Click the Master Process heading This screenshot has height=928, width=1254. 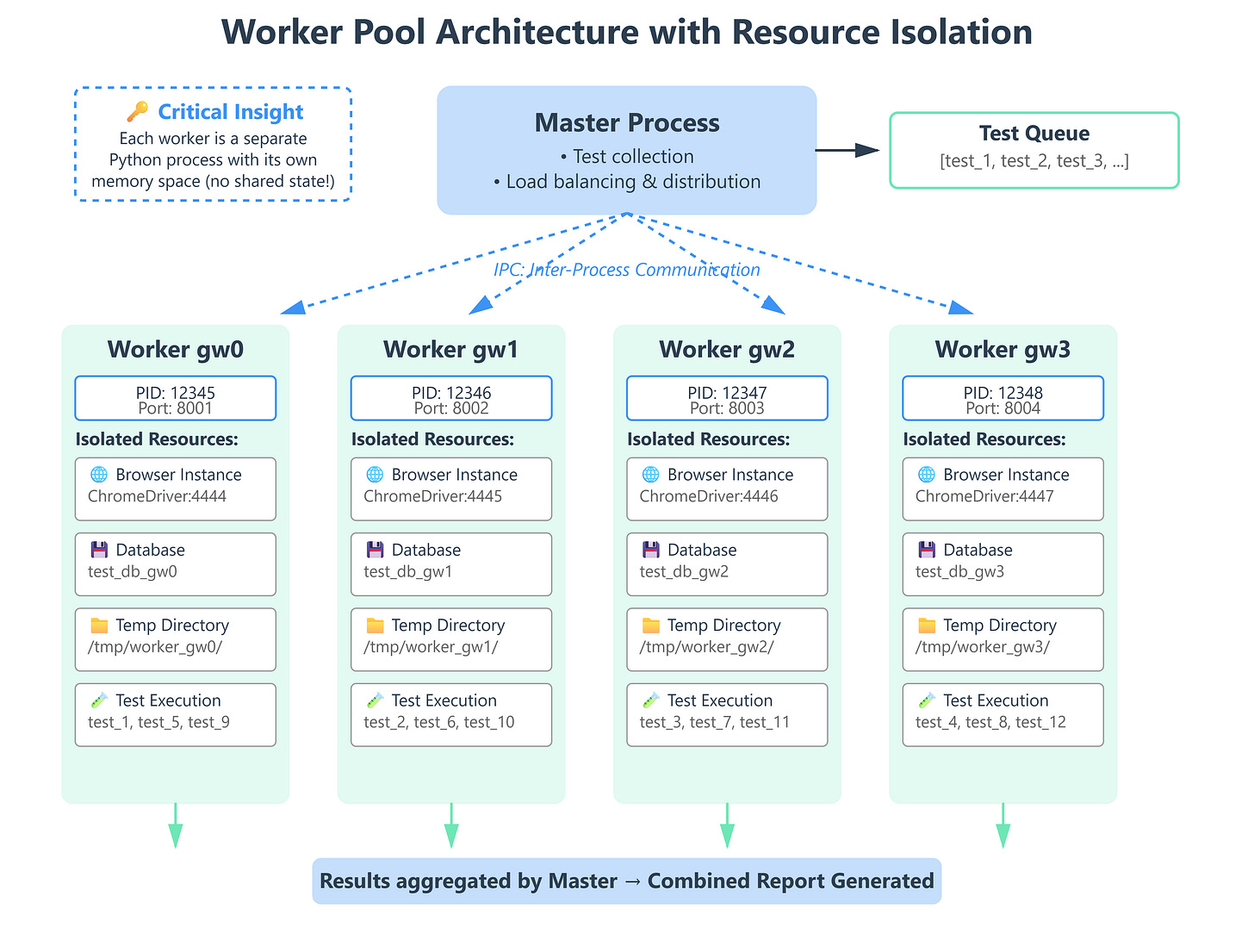pos(627,123)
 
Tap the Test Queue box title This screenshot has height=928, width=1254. pos(1034,134)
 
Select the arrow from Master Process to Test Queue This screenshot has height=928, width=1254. pos(847,150)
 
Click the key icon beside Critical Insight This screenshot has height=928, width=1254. pos(137,112)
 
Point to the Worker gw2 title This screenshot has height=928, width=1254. pos(727,349)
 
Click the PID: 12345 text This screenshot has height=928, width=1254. pos(176,393)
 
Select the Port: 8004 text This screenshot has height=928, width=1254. pos(1003,408)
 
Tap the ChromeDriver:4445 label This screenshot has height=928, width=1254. pos(432,496)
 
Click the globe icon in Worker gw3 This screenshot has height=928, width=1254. pos(927,475)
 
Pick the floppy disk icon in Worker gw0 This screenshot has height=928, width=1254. pos(99,550)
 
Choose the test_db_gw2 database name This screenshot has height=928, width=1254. pos(684,571)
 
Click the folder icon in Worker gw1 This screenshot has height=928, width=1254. pos(375,626)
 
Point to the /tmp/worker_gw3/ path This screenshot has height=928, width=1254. pos(982,647)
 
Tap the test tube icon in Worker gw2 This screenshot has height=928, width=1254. pos(650,701)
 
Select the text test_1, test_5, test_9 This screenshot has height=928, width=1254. pos(158,722)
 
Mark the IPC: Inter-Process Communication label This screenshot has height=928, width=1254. pos(627,270)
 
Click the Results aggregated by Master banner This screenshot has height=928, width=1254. pos(627,881)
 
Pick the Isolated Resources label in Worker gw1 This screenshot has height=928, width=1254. pos(432,439)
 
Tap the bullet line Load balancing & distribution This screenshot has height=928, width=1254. pos(627,182)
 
